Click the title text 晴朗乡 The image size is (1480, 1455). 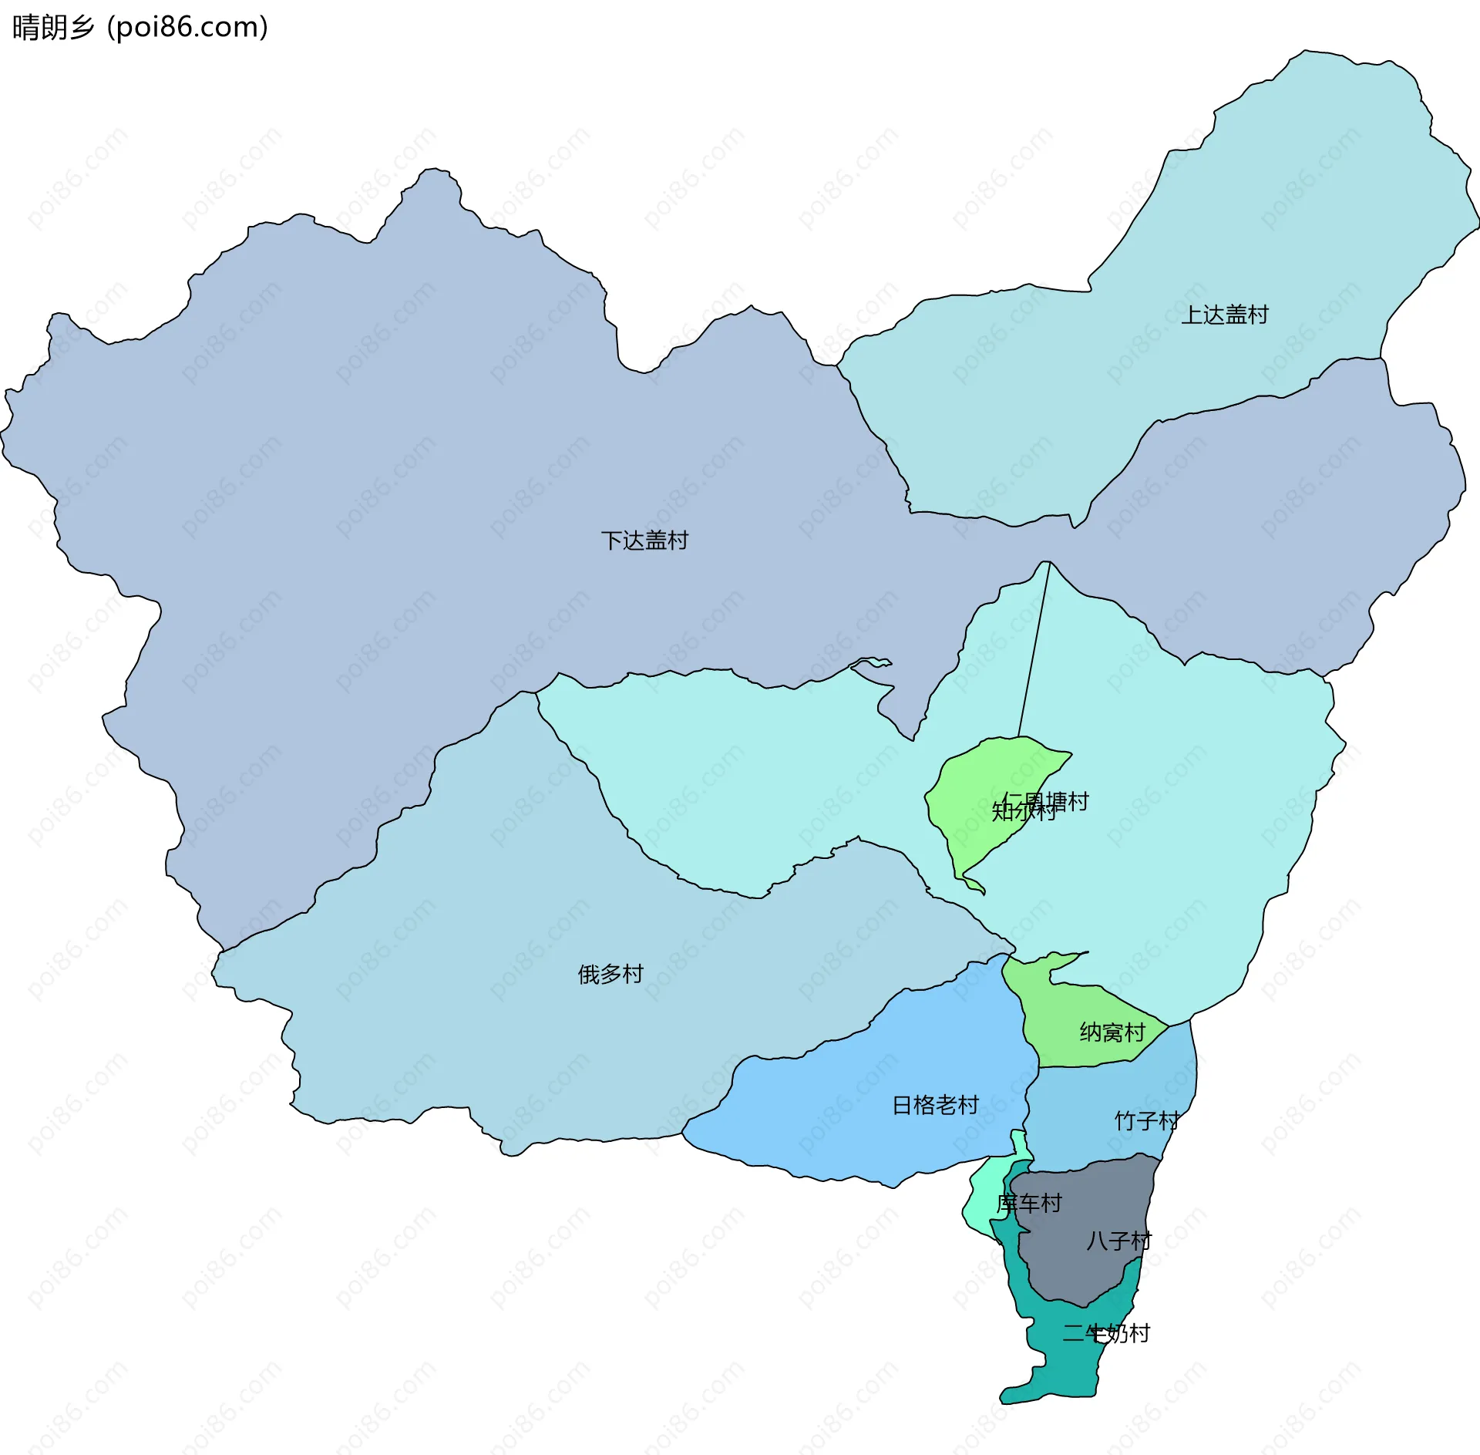52,27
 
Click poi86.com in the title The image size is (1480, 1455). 187,27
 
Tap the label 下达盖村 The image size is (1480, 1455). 644,541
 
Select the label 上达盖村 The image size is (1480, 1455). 1225,315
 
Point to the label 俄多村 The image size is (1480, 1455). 610,974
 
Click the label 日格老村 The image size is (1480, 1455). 935,1105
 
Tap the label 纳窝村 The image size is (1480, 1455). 1112,1032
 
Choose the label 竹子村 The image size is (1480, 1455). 1146,1120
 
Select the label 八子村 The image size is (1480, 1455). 1118,1241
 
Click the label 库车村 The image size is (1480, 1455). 1029,1203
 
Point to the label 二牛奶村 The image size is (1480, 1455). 1106,1332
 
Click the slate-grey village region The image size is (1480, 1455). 1087,1272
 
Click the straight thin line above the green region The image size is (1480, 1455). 1034,648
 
